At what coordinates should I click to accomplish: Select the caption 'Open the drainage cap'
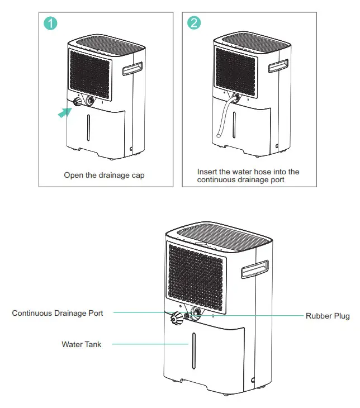(104, 175)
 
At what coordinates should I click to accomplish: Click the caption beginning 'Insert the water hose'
(248, 175)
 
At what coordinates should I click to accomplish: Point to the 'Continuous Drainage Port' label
(58, 313)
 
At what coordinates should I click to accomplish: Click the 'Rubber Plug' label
(328, 316)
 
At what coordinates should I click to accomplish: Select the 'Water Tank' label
(82, 344)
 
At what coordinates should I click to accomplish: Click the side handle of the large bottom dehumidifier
(256, 271)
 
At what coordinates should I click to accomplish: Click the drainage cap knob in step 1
(77, 103)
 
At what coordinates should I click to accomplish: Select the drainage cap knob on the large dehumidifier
(179, 319)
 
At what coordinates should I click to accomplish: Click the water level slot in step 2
(234, 124)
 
